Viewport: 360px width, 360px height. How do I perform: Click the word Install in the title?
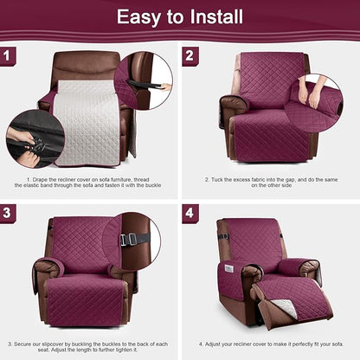[211, 16]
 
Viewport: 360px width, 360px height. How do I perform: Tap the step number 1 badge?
[10, 56]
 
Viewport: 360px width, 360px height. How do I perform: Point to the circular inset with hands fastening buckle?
[32, 138]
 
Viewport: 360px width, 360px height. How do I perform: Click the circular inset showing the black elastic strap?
[144, 82]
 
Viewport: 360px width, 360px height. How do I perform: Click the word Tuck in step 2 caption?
[215, 180]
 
